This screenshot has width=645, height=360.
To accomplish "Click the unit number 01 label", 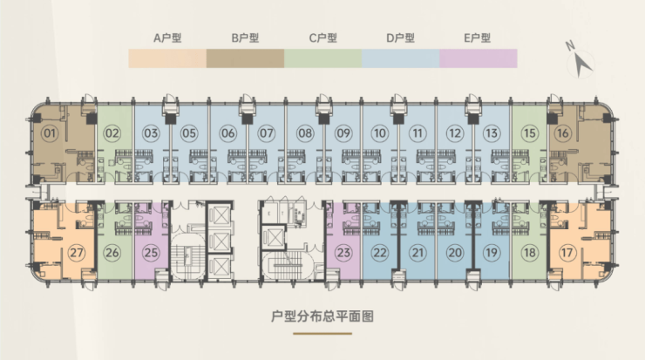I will pyautogui.click(x=50, y=134).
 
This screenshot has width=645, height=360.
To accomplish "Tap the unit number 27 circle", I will pyautogui.click(x=77, y=253).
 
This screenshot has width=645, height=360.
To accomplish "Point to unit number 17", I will pyautogui.click(x=567, y=253).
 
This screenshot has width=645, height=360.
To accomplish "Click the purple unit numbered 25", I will pyautogui.click(x=151, y=253).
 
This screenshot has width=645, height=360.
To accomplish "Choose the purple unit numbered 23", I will pyautogui.click(x=343, y=253).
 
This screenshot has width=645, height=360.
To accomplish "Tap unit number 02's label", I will pyautogui.click(x=112, y=134).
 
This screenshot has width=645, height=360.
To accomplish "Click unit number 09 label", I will pyautogui.click(x=343, y=134).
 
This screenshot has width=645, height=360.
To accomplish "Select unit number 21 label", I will pyautogui.click(x=418, y=253).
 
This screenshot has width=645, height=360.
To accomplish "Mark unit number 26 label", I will pyautogui.click(x=112, y=253).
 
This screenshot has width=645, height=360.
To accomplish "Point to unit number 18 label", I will pyautogui.click(x=530, y=253).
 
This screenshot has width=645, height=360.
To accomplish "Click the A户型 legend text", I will pyautogui.click(x=167, y=38).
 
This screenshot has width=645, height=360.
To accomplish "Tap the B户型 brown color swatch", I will pyautogui.click(x=245, y=58).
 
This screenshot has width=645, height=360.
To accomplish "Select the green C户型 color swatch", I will pyautogui.click(x=322, y=58).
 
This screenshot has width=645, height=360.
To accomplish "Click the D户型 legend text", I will pyautogui.click(x=400, y=38).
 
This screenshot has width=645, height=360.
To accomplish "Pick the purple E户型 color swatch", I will pyautogui.click(x=478, y=58).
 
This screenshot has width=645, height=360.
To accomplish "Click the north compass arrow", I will pyautogui.click(x=581, y=61).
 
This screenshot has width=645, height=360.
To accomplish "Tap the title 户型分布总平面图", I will pyautogui.click(x=322, y=318).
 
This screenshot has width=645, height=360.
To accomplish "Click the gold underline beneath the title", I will pyautogui.click(x=322, y=333).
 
